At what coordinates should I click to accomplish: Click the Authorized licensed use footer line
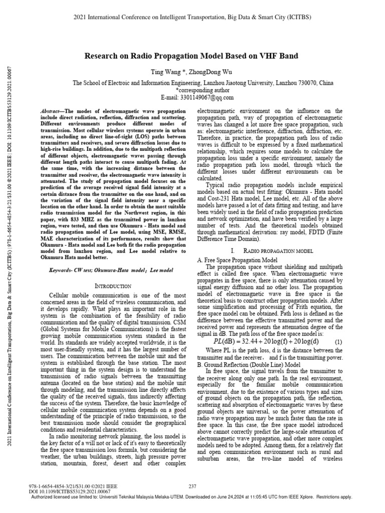pos(192,497)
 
